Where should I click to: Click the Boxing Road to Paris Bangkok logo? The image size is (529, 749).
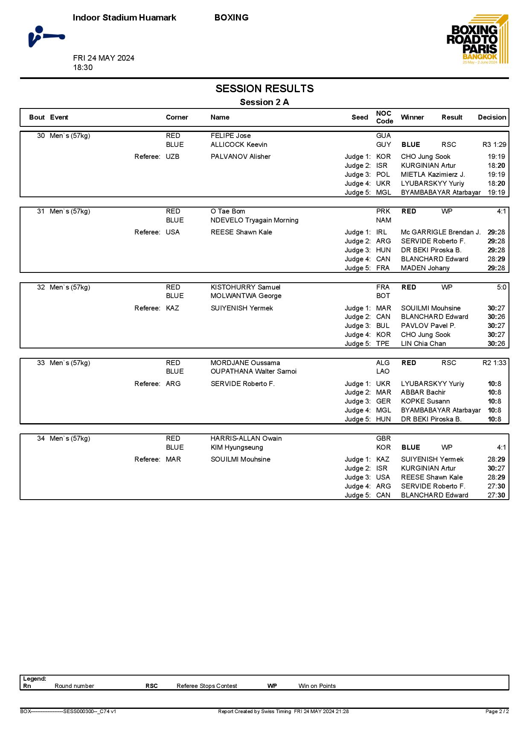tap(477, 40)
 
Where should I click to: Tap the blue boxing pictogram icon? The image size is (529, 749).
tap(46, 36)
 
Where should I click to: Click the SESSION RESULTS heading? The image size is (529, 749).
tap(264, 89)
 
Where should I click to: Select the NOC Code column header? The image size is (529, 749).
tap(384, 117)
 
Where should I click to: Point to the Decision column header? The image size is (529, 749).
tap(491, 117)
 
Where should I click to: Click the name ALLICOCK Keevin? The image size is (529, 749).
tap(239, 145)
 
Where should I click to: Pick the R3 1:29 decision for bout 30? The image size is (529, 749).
tap(494, 145)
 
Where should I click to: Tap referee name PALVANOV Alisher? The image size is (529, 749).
tap(240, 157)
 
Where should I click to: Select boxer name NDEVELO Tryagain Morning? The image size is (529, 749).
tap(254, 220)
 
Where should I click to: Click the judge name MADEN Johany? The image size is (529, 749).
tap(425, 268)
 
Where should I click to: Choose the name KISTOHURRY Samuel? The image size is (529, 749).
tap(245, 287)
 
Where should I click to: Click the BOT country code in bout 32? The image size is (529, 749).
tap(383, 296)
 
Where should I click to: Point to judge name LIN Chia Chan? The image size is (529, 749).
tap(423, 344)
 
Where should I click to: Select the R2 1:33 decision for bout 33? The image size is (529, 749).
tap(494, 363)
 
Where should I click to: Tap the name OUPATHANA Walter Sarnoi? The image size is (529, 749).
tap(253, 372)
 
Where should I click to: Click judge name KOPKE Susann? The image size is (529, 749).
tap(425, 401)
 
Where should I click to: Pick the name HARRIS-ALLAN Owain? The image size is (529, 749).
tap(246, 439)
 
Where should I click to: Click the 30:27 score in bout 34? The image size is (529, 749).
tap(496, 468)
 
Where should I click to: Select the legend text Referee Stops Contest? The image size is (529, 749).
tap(206, 686)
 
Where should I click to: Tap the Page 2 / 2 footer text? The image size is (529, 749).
tap(497, 711)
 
